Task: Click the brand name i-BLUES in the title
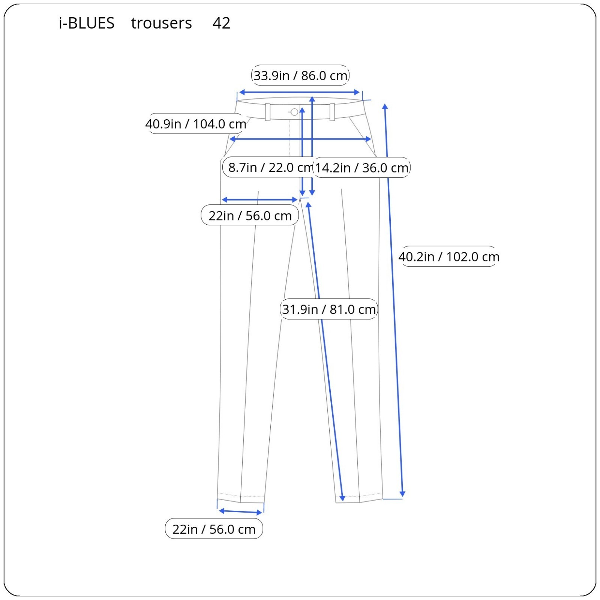87,23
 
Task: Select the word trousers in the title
161,23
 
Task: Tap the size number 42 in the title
221,23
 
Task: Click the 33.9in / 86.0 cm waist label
300,75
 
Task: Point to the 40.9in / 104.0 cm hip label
196,124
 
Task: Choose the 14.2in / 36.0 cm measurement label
361,168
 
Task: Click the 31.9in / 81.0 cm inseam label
329,309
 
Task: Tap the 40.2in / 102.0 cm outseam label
449,257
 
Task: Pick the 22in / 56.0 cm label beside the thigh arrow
250,216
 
